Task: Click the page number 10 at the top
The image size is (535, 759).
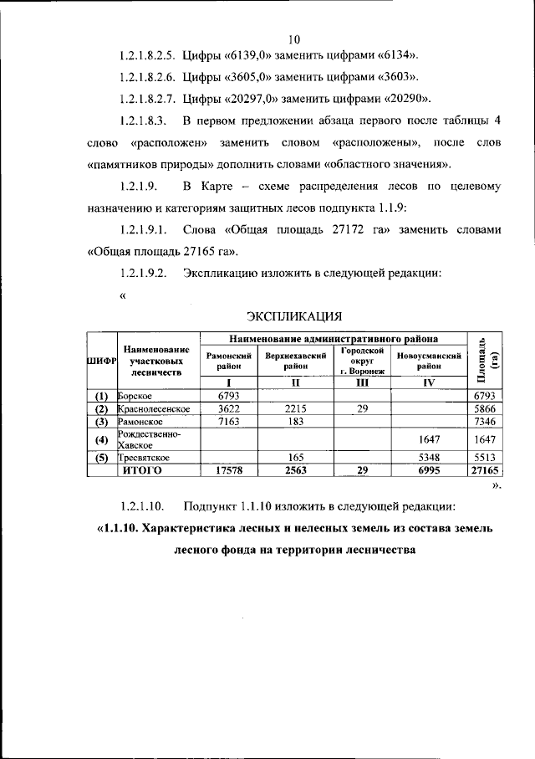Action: point(293,38)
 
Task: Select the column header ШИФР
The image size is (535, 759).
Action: point(101,359)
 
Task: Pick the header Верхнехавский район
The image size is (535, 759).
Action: point(295,361)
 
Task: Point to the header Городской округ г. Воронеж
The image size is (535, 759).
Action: point(362,360)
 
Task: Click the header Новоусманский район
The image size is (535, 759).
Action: point(430,361)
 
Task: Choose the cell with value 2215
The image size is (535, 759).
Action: point(295,408)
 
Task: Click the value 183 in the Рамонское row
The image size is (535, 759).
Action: point(295,422)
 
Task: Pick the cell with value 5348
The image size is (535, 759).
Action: point(430,458)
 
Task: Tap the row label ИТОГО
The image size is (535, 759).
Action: point(141,470)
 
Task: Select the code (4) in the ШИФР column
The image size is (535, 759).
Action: point(101,439)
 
